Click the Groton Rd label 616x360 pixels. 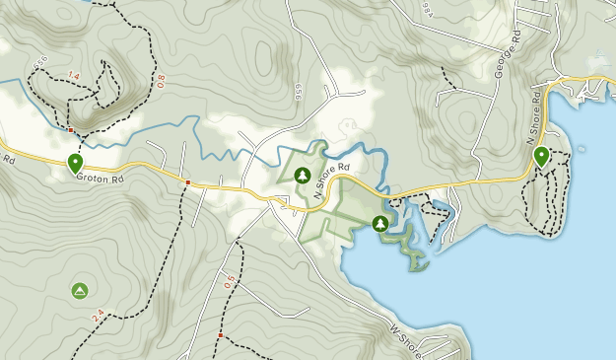coord(103,180)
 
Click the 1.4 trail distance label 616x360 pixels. coord(73,75)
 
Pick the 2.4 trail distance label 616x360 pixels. coord(98,317)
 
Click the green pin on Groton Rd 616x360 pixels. coord(75,163)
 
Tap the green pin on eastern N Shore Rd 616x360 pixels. coord(540,156)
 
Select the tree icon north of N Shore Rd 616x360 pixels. coord(303,176)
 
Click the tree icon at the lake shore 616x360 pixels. coord(380,224)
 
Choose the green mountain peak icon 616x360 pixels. coord(80,290)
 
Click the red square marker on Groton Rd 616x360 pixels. coord(187,182)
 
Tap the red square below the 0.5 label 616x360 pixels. coord(220,336)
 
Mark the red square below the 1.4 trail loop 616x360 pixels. coord(72,129)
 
